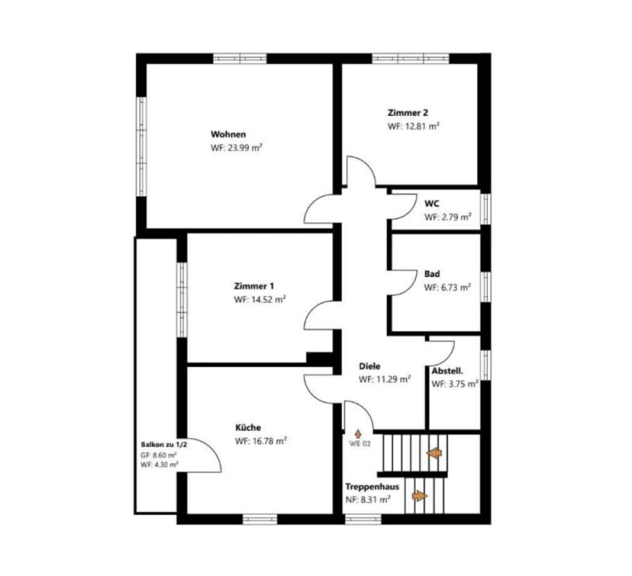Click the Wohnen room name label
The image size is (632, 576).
tap(228, 134)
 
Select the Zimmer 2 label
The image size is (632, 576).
tap(408, 113)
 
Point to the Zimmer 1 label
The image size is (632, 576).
tap(254, 287)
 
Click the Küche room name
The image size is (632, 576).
tap(248, 427)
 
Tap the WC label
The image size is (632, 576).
tap(432, 204)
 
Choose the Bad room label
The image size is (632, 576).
tap(432, 274)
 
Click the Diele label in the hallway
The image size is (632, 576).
tap(369, 366)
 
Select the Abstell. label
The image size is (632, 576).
tap(447, 371)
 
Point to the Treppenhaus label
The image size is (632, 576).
tap(372, 486)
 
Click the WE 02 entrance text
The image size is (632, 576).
tap(360, 444)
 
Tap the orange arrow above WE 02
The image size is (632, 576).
tap(358, 434)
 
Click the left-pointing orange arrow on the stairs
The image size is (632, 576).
tap(434, 454)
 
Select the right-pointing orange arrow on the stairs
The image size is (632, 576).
tap(419, 495)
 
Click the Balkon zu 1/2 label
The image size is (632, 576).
tap(164, 445)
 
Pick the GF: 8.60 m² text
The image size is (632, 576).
tap(159, 455)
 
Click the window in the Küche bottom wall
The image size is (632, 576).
tap(260, 519)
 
